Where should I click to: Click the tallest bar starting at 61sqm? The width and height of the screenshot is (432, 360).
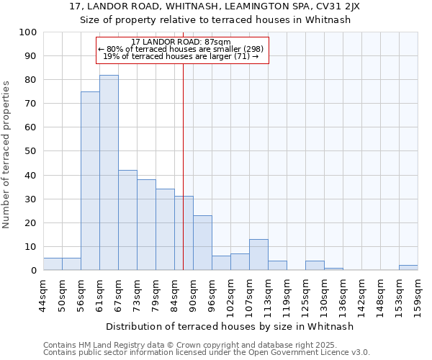[x=109, y=173]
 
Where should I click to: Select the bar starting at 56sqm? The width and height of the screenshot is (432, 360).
[x=90, y=181]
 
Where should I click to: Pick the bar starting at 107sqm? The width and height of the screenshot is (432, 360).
[x=258, y=255]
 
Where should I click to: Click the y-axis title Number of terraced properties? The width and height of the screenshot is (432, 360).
[x=7, y=154]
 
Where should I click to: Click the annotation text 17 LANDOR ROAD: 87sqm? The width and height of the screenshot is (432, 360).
[x=181, y=42]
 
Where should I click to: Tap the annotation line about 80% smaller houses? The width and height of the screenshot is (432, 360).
[x=181, y=49]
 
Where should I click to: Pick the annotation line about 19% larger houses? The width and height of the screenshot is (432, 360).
[x=181, y=56]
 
